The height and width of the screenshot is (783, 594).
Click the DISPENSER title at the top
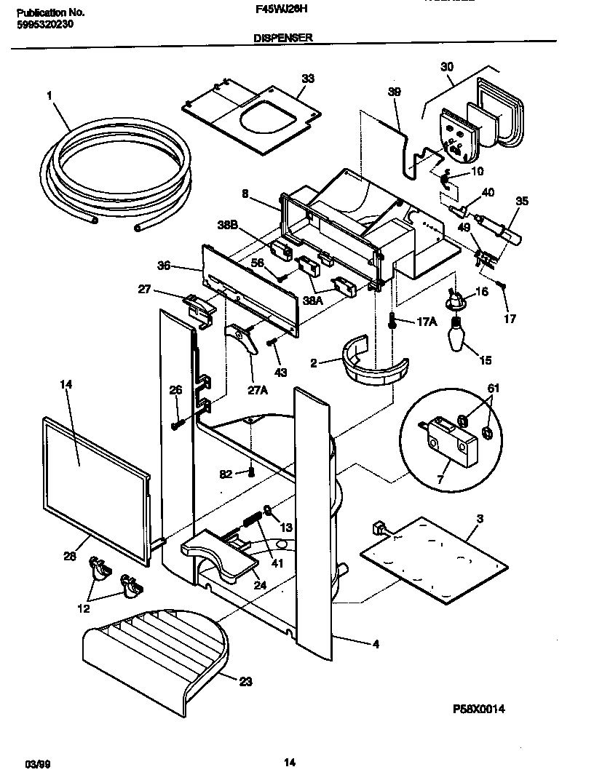point(283,39)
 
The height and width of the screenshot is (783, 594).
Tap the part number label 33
point(308,79)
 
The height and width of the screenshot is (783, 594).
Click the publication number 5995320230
point(44,23)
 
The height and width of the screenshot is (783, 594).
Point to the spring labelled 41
point(250,522)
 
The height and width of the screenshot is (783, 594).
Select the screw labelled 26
point(176,424)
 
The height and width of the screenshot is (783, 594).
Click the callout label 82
point(226,474)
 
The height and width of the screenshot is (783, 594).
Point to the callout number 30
point(447,67)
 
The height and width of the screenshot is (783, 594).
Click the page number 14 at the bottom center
point(289,762)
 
